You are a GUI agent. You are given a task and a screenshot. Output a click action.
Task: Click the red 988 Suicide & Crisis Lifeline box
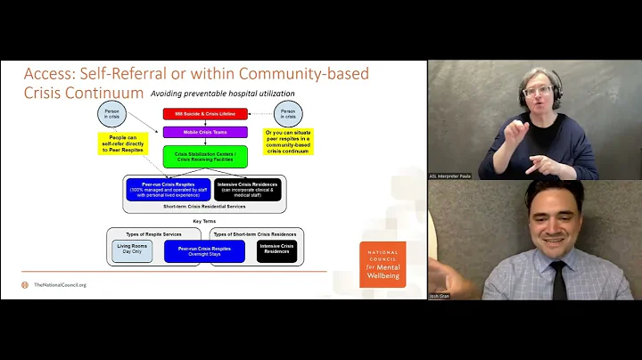204,114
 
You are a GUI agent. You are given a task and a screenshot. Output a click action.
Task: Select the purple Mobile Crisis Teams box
204,132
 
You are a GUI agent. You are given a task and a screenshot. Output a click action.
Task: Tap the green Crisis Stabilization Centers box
204,156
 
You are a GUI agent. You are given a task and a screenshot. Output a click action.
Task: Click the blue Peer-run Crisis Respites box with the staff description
167,189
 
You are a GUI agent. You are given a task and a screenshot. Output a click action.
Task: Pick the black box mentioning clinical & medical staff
248,189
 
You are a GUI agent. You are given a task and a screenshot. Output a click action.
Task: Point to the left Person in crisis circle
111,115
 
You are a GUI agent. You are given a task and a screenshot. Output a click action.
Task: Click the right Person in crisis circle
288,114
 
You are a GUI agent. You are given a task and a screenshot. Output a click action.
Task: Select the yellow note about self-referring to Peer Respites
124,143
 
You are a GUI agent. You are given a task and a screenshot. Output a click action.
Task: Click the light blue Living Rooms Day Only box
132,250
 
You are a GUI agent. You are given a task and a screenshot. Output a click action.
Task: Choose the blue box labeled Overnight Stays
204,250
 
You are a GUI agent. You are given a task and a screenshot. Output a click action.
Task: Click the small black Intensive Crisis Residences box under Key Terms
276,250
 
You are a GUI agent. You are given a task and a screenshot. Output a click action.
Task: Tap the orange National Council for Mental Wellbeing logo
383,264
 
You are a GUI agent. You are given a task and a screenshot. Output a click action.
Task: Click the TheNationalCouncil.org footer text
60,285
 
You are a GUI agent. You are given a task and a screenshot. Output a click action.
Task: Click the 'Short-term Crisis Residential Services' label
204,206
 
